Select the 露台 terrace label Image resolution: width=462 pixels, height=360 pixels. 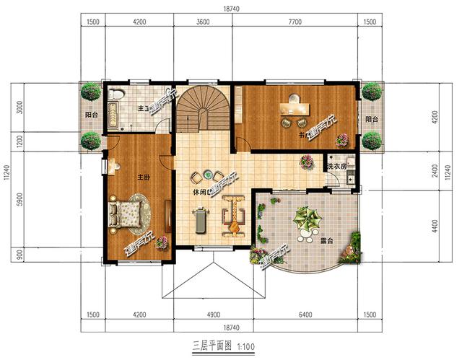click(x=326, y=240)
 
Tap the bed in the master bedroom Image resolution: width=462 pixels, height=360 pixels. click(x=126, y=213)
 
